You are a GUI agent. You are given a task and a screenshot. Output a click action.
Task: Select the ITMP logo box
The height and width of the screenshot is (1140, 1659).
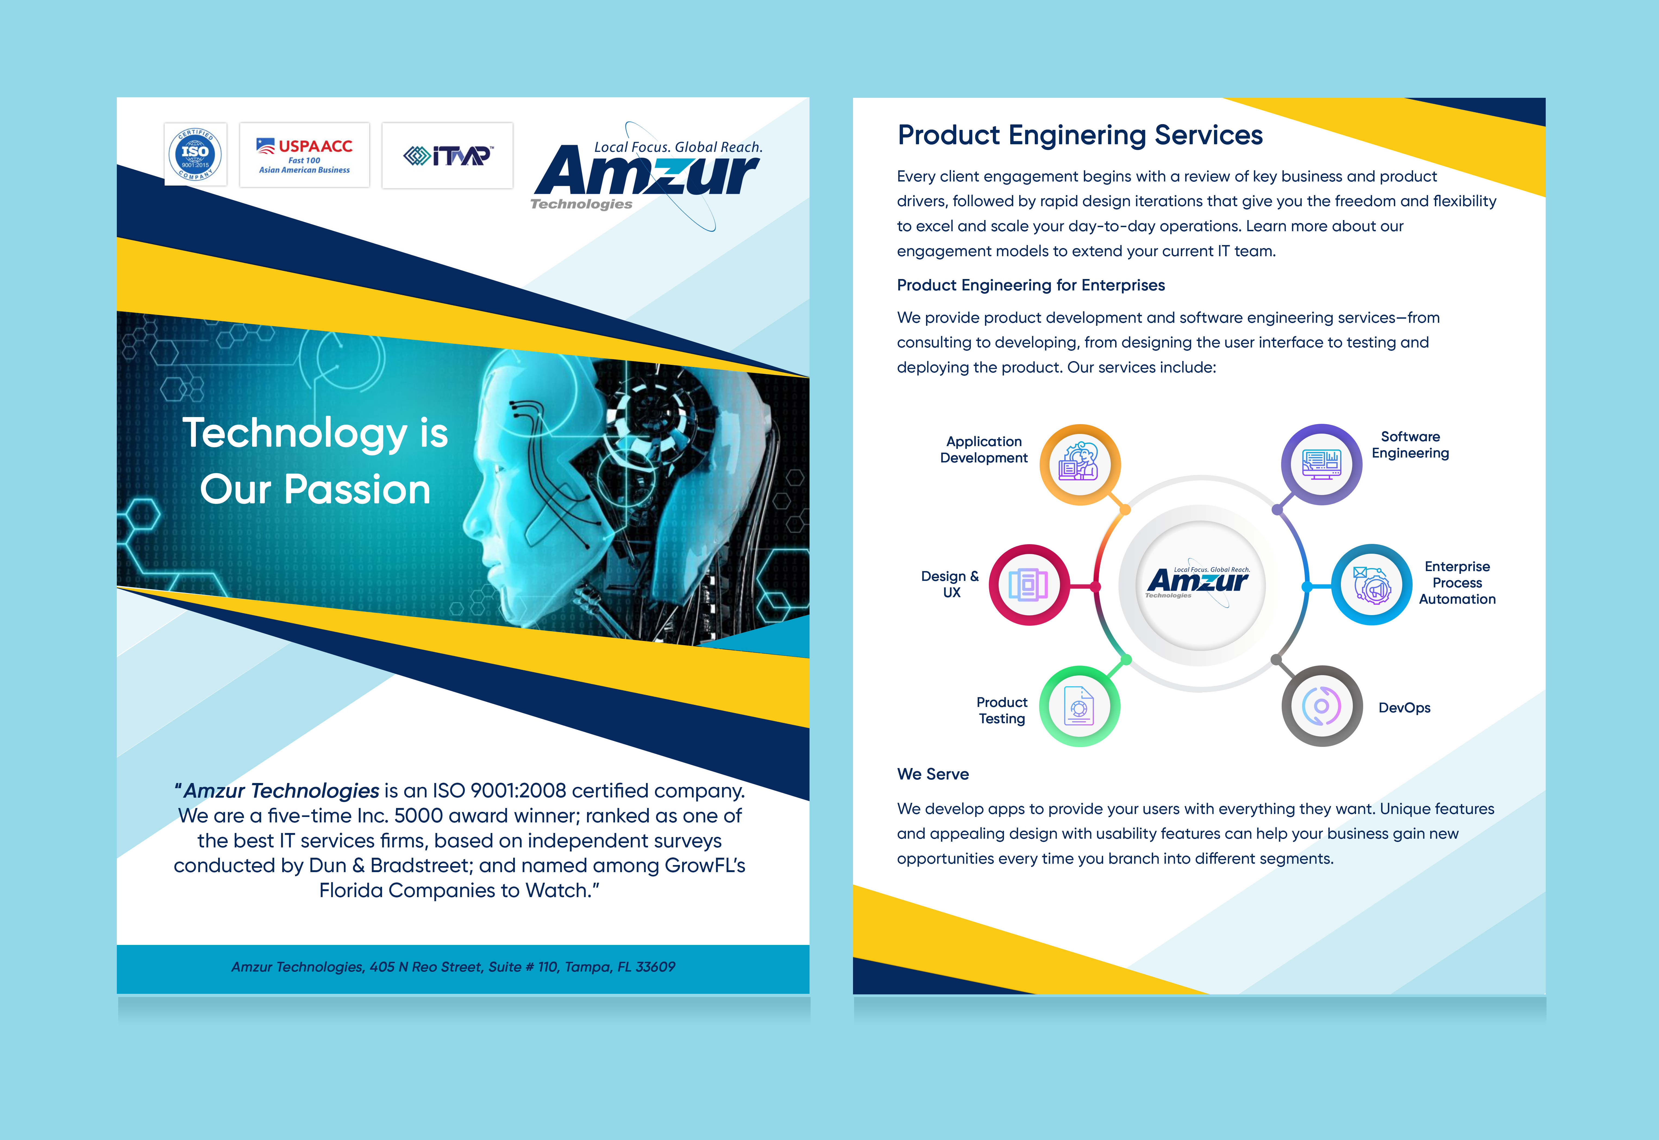click(447, 155)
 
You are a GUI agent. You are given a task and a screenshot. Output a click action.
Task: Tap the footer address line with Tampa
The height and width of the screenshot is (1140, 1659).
click(453, 966)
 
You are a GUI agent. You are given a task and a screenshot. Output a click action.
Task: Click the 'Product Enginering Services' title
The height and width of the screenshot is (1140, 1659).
click(1080, 135)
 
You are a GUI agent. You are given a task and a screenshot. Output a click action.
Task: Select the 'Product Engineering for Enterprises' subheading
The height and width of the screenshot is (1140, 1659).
click(1031, 285)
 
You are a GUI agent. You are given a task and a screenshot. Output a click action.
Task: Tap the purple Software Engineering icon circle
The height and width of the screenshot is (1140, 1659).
click(1321, 464)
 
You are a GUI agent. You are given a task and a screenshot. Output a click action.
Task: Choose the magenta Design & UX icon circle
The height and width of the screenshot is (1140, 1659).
click(1029, 585)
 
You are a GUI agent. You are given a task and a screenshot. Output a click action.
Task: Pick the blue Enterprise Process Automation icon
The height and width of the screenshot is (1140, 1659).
click(1371, 585)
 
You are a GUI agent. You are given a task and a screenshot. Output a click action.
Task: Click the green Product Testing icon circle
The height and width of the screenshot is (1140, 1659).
click(1079, 706)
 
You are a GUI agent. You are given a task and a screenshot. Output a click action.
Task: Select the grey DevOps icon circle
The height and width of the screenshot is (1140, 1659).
click(1321, 706)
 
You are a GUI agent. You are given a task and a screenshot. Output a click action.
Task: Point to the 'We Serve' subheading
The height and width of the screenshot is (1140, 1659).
click(933, 774)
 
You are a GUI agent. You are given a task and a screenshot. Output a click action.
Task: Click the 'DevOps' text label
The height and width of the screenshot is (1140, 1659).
click(1404, 708)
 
